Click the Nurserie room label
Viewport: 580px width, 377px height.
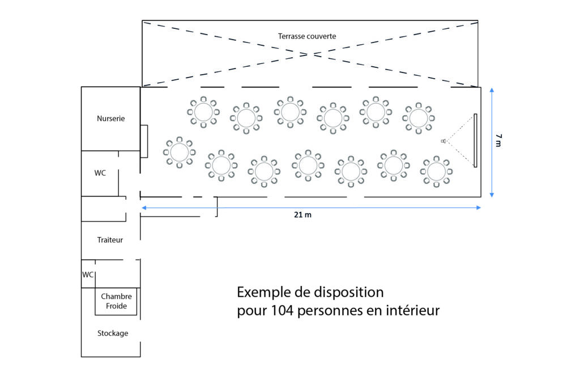tap(110, 119)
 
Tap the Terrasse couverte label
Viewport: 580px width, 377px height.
tap(307, 36)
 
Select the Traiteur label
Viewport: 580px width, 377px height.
tap(110, 240)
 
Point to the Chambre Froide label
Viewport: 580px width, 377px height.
tap(116, 301)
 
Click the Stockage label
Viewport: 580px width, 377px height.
tap(113, 333)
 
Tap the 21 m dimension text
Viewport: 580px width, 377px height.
tap(302, 215)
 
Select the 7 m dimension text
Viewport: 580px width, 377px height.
tap(498, 140)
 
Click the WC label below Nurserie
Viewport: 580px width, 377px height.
tap(100, 173)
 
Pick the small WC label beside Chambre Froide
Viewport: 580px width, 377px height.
tap(88, 275)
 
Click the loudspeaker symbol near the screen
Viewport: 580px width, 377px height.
tap(443, 141)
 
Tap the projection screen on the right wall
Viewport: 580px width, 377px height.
tap(475, 140)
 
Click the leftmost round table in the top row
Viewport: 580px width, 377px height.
tap(203, 112)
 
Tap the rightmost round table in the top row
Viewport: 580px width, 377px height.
tap(419, 118)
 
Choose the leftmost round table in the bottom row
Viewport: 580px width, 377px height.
tap(180, 152)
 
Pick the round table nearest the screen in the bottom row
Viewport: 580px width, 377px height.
tap(437, 172)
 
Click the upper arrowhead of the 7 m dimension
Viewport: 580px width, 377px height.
tap(492, 90)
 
